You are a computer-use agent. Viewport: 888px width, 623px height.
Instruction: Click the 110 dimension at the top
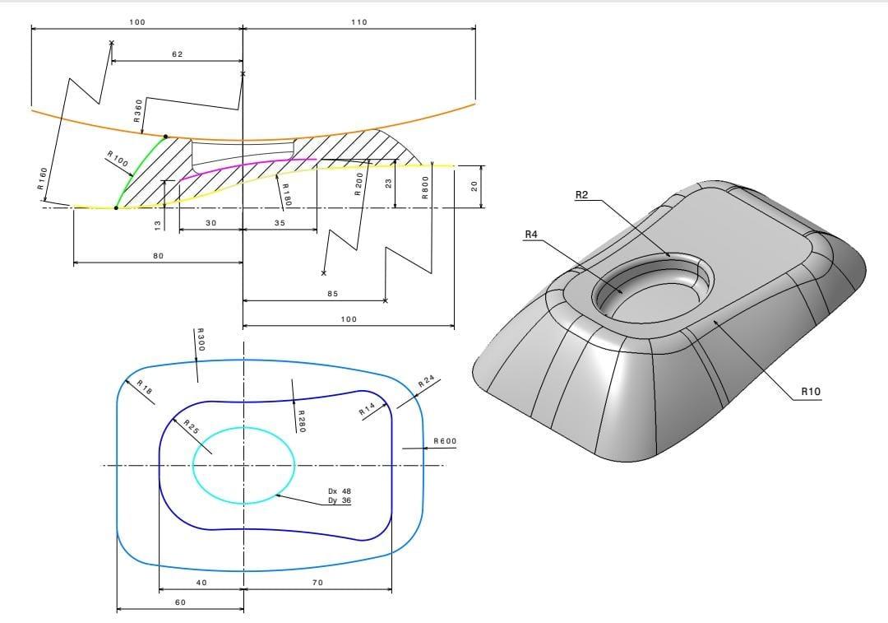(x=358, y=22)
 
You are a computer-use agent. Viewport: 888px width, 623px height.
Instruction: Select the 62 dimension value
(x=178, y=54)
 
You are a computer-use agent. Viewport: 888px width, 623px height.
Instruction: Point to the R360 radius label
(x=139, y=110)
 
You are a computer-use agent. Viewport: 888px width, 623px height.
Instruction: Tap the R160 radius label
(x=43, y=179)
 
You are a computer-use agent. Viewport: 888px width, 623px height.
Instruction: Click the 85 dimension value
(x=332, y=294)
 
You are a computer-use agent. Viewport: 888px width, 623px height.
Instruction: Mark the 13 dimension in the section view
(x=158, y=225)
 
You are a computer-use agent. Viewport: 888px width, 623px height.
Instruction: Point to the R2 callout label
(x=582, y=195)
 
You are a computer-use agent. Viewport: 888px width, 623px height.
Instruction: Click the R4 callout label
(x=531, y=235)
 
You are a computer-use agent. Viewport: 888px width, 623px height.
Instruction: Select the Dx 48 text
(x=340, y=490)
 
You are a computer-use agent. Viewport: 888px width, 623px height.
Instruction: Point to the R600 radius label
(x=445, y=442)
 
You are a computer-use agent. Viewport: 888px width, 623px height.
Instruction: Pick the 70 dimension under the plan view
(x=318, y=583)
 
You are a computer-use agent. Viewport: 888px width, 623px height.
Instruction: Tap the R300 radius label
(x=200, y=340)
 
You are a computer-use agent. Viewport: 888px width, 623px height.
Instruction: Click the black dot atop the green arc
(x=166, y=137)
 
